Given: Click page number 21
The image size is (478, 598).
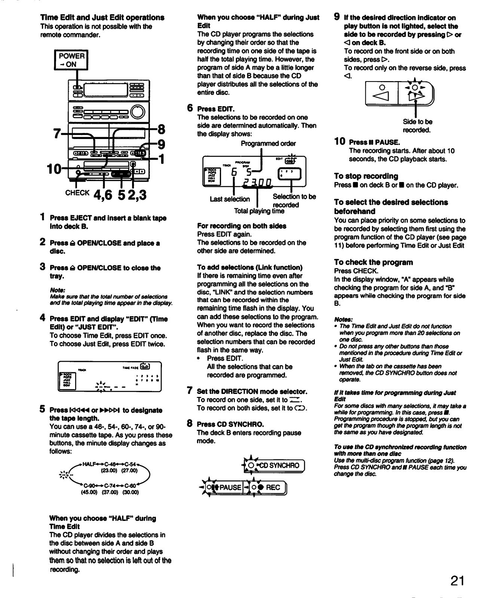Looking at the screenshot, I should [x=457, y=581].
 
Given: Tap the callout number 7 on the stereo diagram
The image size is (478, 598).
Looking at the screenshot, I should [x=57, y=133].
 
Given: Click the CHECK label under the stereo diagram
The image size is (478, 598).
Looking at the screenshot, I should [x=77, y=193].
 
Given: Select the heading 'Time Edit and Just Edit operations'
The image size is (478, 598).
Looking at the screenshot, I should [x=102, y=18].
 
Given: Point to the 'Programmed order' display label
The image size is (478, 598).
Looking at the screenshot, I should [x=268, y=144].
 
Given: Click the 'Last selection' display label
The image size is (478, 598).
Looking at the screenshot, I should [x=230, y=199].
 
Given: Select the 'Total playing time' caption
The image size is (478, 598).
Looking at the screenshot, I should [x=259, y=211].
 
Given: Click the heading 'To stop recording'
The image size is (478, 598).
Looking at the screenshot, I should [x=366, y=176].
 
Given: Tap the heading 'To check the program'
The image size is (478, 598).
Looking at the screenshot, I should [x=373, y=262].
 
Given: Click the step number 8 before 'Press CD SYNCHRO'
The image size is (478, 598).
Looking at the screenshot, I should [x=190, y=423].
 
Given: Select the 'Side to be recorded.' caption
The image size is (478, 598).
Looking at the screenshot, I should [x=417, y=126].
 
